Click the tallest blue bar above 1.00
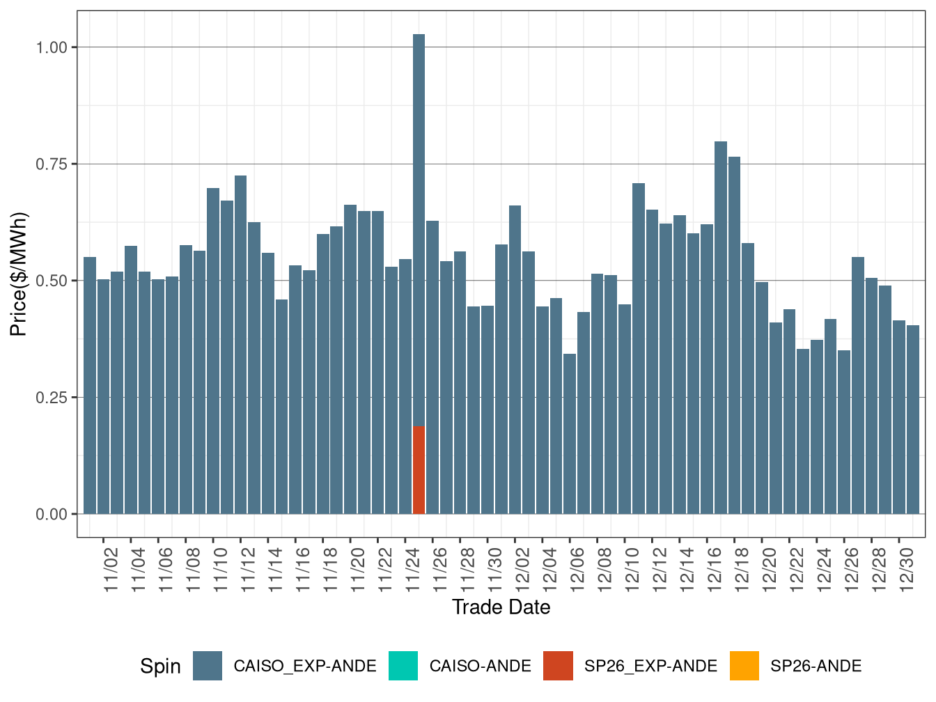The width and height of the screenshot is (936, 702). [419, 230]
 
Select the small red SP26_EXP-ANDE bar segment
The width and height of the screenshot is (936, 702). [419, 469]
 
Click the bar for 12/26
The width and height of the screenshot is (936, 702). [844, 432]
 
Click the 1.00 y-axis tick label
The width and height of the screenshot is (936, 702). [52, 47]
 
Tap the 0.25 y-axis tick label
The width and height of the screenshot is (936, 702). [52, 398]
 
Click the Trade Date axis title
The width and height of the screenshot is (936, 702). [501, 607]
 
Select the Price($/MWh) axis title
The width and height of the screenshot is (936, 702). [19, 274]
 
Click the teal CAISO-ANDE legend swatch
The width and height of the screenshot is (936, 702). [403, 666]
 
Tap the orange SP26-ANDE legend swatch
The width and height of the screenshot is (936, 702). [744, 666]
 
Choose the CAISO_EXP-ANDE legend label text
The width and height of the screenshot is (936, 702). [305, 666]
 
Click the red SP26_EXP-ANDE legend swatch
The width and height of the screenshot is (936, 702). [559, 666]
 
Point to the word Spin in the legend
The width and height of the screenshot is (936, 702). [160, 666]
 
